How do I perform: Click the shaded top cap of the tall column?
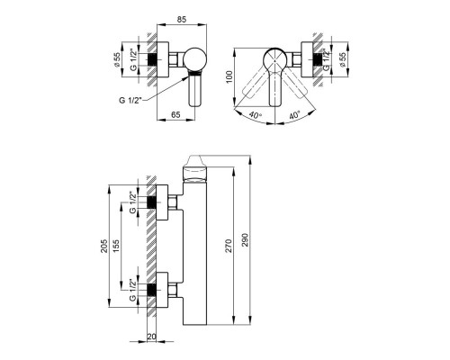[194, 169]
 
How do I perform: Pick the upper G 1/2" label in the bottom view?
[134, 202]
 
